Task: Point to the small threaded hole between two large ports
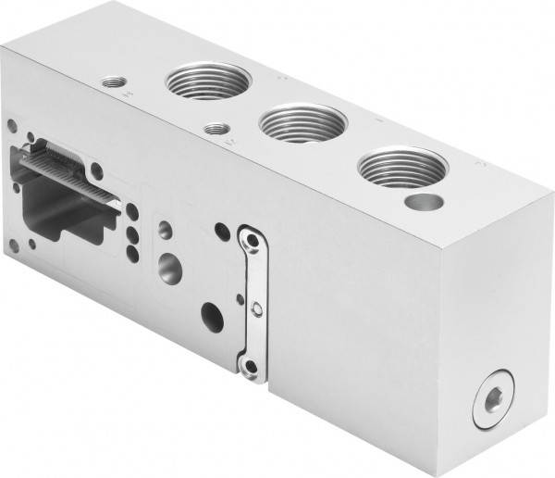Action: tap(218, 130)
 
